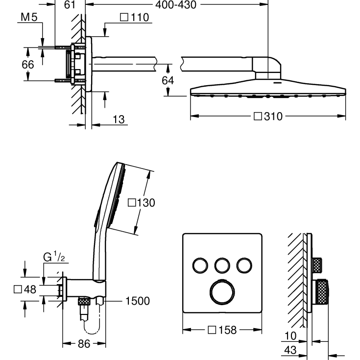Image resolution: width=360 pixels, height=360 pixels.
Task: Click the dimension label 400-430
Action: point(176,5)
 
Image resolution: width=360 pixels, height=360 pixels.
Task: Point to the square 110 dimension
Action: point(134,18)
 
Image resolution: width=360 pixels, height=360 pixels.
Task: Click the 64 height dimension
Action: point(168,80)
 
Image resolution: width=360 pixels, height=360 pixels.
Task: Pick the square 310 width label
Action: point(268,117)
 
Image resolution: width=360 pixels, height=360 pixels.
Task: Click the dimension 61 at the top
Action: point(70,5)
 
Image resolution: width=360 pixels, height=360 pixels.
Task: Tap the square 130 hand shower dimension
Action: point(141,202)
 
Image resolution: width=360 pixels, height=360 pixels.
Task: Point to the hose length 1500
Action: point(137,301)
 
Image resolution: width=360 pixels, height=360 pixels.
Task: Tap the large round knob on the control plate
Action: point(222,292)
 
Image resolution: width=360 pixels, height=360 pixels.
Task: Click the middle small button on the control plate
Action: point(222,265)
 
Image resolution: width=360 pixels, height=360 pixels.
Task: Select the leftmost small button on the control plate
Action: point(200,265)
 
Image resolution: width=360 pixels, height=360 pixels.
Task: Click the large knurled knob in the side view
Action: point(323,291)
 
